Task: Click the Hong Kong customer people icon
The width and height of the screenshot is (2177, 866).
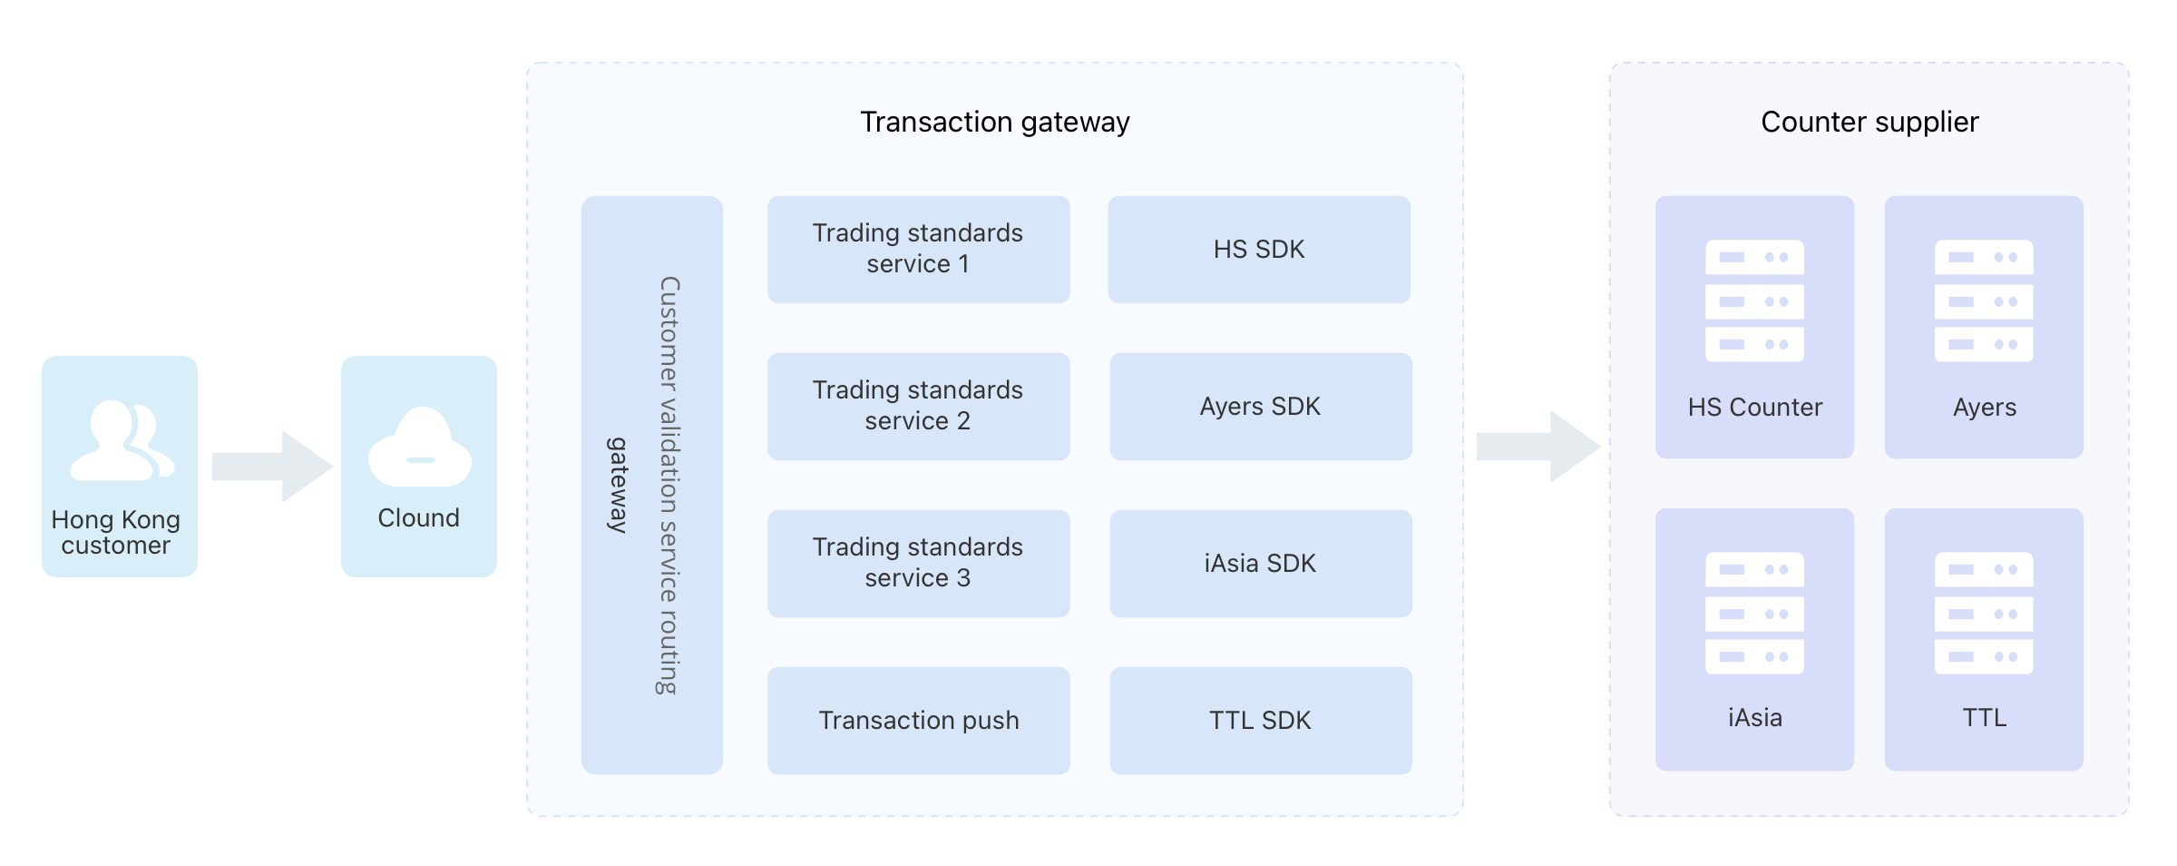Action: pyautogui.click(x=121, y=440)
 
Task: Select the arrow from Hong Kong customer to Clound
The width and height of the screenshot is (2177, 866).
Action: pyautogui.click(x=272, y=467)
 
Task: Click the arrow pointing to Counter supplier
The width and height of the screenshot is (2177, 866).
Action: pyautogui.click(x=1538, y=447)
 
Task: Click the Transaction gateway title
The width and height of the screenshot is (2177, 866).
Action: pyautogui.click(x=995, y=122)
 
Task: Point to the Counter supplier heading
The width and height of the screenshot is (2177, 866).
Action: pyautogui.click(x=1869, y=122)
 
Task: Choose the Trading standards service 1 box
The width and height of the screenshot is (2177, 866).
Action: pyautogui.click(x=919, y=250)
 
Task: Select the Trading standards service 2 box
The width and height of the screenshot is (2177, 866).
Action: pyautogui.click(x=919, y=407)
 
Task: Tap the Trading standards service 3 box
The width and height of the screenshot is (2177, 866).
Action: pyautogui.click(x=919, y=564)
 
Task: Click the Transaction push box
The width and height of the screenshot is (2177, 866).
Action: pyautogui.click(x=919, y=721)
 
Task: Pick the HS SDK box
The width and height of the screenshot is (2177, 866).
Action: pyautogui.click(x=1259, y=250)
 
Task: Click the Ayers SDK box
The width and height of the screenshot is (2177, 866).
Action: pyautogui.click(x=1261, y=407)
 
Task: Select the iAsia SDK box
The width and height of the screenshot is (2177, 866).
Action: pyautogui.click(x=1261, y=564)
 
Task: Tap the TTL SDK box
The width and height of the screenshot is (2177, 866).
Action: pyautogui.click(x=1261, y=721)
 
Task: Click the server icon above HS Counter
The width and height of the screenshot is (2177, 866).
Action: pyautogui.click(x=1754, y=301)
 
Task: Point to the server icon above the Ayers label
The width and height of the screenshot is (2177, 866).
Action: pyautogui.click(x=1984, y=301)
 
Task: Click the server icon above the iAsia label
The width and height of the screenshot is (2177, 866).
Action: pyautogui.click(x=1754, y=614)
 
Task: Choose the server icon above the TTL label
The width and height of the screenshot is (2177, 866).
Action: pyautogui.click(x=1984, y=614)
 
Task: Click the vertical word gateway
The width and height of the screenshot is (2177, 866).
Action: pyautogui.click(x=617, y=485)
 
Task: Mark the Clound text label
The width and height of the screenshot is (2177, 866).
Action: pyautogui.click(x=419, y=517)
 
